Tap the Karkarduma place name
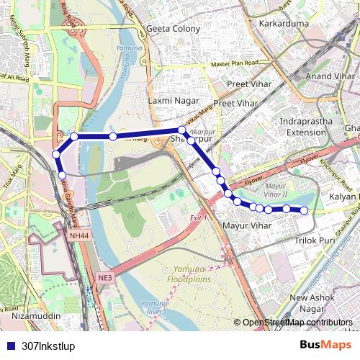pyautogui.click(x=284, y=24)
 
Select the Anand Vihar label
pyautogui.click(x=330, y=76)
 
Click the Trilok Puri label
pyautogui.click(x=316, y=241)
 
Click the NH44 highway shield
pyautogui.click(x=80, y=235)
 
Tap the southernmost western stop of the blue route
pyautogui.click(x=62, y=175)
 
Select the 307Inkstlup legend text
pyautogui.click(x=48, y=346)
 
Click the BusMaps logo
pyautogui.click(x=325, y=345)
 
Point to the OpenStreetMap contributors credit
pyautogui.click(x=297, y=323)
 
